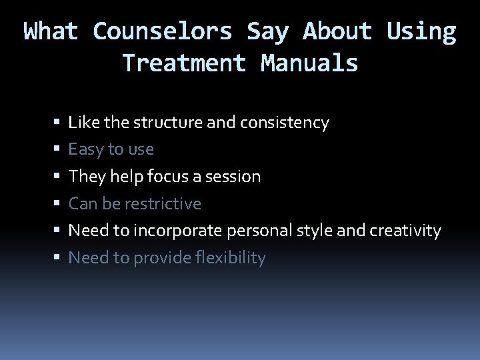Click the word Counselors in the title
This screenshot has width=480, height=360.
[163, 31]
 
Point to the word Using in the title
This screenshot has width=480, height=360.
[421, 31]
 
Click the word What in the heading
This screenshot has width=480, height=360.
[51, 31]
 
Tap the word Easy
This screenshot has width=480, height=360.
[85, 149]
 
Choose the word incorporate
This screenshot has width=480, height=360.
[179, 231]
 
